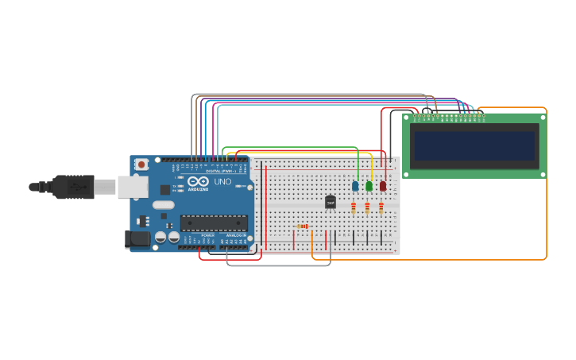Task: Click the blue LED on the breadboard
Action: point(355,186)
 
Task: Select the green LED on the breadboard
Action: point(369,186)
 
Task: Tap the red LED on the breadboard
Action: point(382,186)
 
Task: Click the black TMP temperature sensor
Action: point(331,203)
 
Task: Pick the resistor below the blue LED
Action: point(354,208)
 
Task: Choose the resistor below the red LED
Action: point(381,208)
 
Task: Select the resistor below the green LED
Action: point(367,208)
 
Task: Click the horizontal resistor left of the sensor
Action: point(302,226)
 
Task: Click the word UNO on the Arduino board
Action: point(222,182)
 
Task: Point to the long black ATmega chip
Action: point(214,223)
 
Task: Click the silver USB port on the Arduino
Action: point(133,187)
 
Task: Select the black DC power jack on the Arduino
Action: point(137,238)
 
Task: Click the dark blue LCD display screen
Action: point(474,145)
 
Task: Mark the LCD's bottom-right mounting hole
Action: point(543,173)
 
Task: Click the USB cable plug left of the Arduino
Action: point(75,187)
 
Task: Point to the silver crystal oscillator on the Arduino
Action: point(163,205)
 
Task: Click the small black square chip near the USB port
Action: point(164,190)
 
